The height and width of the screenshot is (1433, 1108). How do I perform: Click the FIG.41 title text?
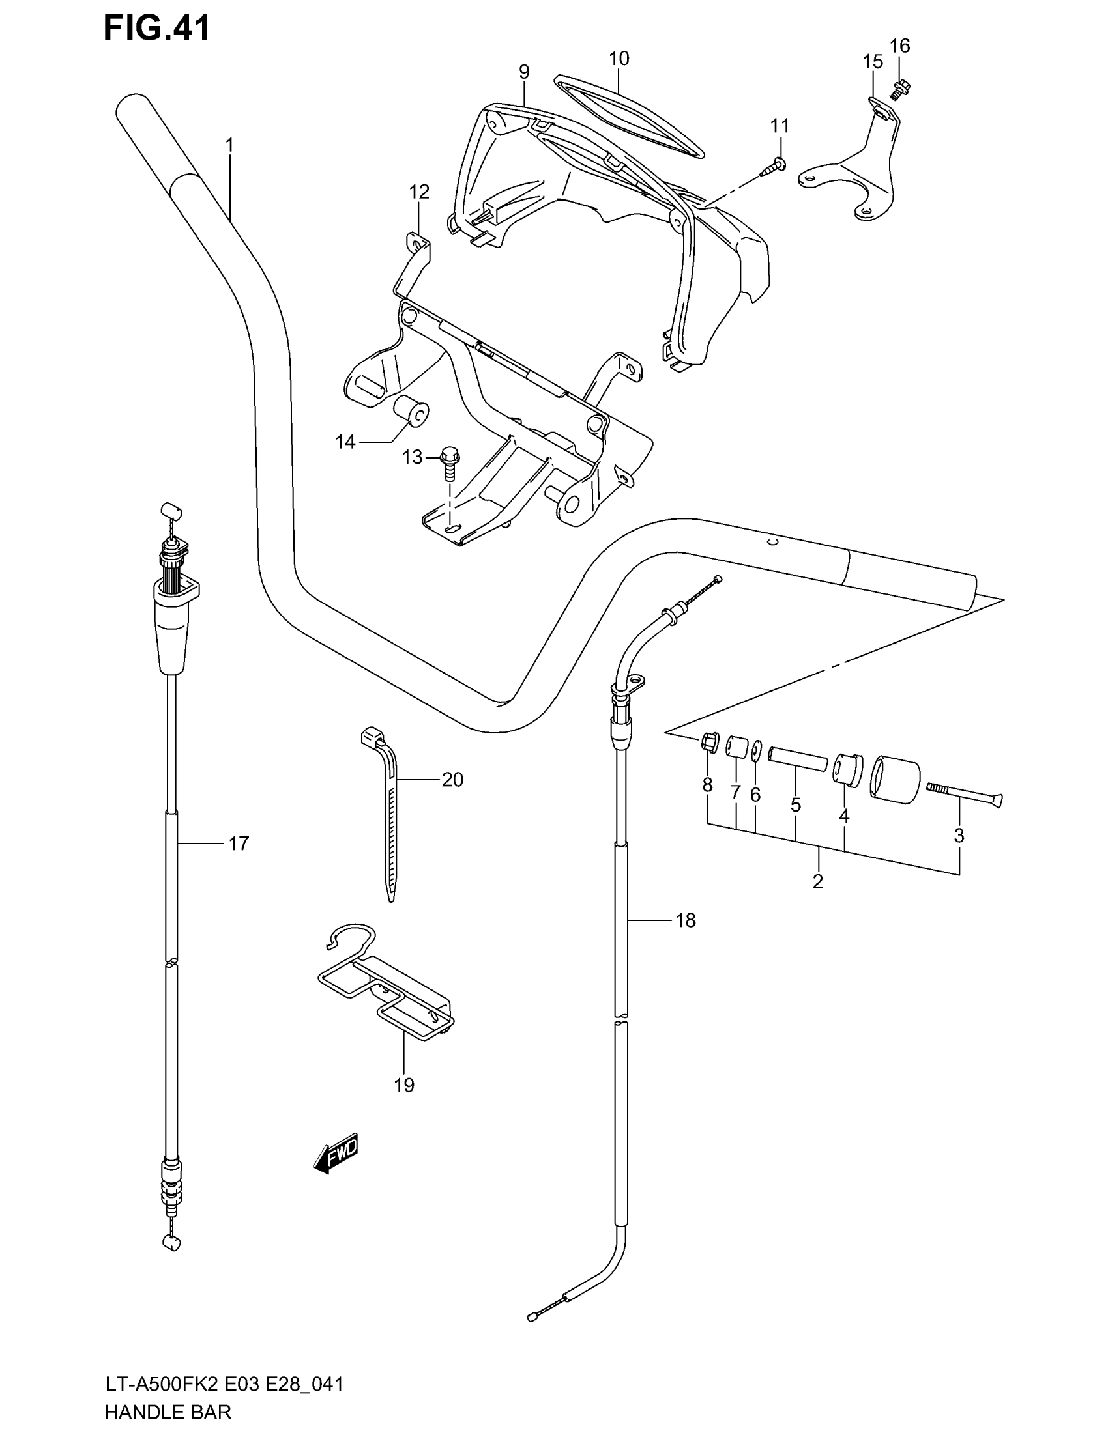[158, 29]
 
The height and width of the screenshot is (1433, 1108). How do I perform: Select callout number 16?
[900, 46]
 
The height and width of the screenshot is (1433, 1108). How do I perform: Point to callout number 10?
[619, 59]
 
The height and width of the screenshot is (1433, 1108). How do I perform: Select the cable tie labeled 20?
[388, 814]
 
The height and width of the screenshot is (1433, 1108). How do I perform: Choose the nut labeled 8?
[708, 742]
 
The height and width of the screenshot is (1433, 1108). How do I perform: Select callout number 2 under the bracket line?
[817, 882]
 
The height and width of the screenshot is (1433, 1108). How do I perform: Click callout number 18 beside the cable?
[685, 920]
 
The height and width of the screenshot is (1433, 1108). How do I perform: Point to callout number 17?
[239, 843]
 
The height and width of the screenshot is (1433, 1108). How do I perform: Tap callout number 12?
[419, 192]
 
